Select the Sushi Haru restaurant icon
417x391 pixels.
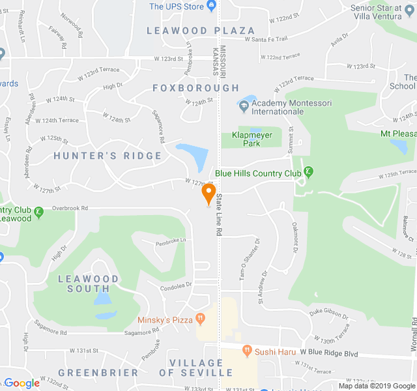[x=247, y=351]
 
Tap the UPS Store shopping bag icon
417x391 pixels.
[x=211, y=7]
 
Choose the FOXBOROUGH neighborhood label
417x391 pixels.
[x=196, y=87]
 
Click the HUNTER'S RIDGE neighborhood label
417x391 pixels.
[x=108, y=156]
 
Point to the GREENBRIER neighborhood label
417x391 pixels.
[x=98, y=373]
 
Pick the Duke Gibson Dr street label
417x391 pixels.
[x=328, y=314]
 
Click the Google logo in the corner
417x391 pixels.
[x=22, y=383]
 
